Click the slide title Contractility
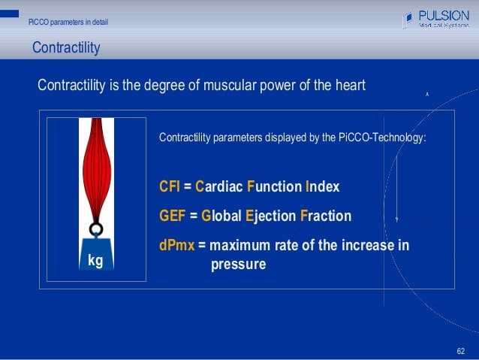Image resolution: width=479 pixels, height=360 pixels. click(x=66, y=49)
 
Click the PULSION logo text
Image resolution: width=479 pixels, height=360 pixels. click(x=444, y=14)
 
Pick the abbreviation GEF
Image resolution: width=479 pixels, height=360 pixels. click(x=173, y=216)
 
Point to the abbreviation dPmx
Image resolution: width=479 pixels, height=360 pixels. click(x=177, y=245)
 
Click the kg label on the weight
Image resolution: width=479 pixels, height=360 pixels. click(x=95, y=260)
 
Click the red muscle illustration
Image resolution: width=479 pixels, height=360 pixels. click(x=95, y=169)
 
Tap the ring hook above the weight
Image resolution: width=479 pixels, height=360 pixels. click(x=95, y=229)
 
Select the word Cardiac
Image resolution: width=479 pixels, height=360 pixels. click(x=219, y=186)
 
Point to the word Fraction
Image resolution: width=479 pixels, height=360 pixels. click(x=325, y=216)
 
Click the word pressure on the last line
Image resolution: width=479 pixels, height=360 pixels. click(x=238, y=264)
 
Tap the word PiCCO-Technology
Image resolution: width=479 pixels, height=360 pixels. click(x=382, y=138)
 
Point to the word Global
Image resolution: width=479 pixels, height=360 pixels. click(x=221, y=216)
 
